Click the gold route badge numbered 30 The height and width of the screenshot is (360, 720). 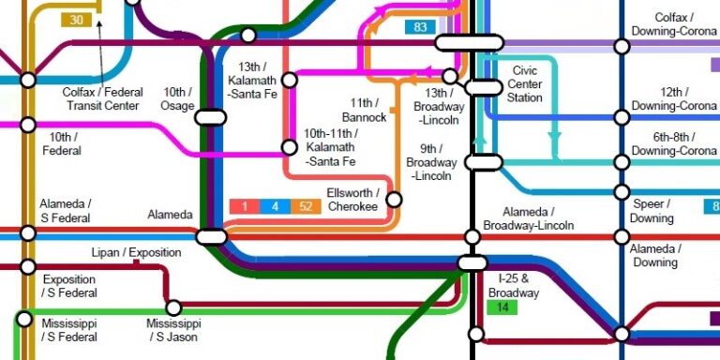(75, 20)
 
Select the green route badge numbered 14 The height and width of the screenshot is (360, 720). (502, 307)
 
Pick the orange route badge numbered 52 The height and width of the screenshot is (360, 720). (305, 206)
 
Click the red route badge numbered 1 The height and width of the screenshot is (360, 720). (244, 206)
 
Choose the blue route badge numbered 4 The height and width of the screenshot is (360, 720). (275, 206)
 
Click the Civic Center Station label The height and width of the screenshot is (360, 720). (525, 84)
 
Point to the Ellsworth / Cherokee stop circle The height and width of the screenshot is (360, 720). (394, 199)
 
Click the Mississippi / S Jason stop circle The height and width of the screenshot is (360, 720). (173, 307)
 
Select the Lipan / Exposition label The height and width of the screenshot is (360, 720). (136, 253)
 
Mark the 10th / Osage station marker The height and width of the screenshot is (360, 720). (211, 117)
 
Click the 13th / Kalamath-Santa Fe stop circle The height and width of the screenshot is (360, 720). (290, 81)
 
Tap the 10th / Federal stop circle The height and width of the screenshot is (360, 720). (28, 125)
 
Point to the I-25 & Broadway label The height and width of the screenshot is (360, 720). (514, 285)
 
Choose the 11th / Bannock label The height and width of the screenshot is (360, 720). (364, 110)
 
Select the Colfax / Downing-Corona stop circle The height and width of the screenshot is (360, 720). (621, 45)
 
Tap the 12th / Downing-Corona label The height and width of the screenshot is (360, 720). (674, 99)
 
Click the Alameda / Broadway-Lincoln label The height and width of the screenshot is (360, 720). (530, 218)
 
